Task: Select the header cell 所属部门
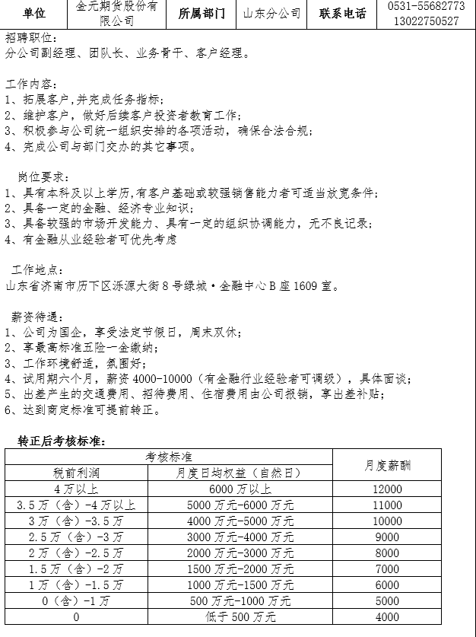click(x=202, y=14)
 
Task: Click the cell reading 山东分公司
click(x=272, y=14)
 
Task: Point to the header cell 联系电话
click(x=342, y=14)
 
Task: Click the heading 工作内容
click(x=30, y=83)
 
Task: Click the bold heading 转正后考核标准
click(x=61, y=441)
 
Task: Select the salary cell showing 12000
click(x=387, y=489)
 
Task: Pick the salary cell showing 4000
click(x=387, y=617)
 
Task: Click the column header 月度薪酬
click(x=387, y=465)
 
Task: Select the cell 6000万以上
click(x=240, y=489)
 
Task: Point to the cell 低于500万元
click(x=240, y=617)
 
